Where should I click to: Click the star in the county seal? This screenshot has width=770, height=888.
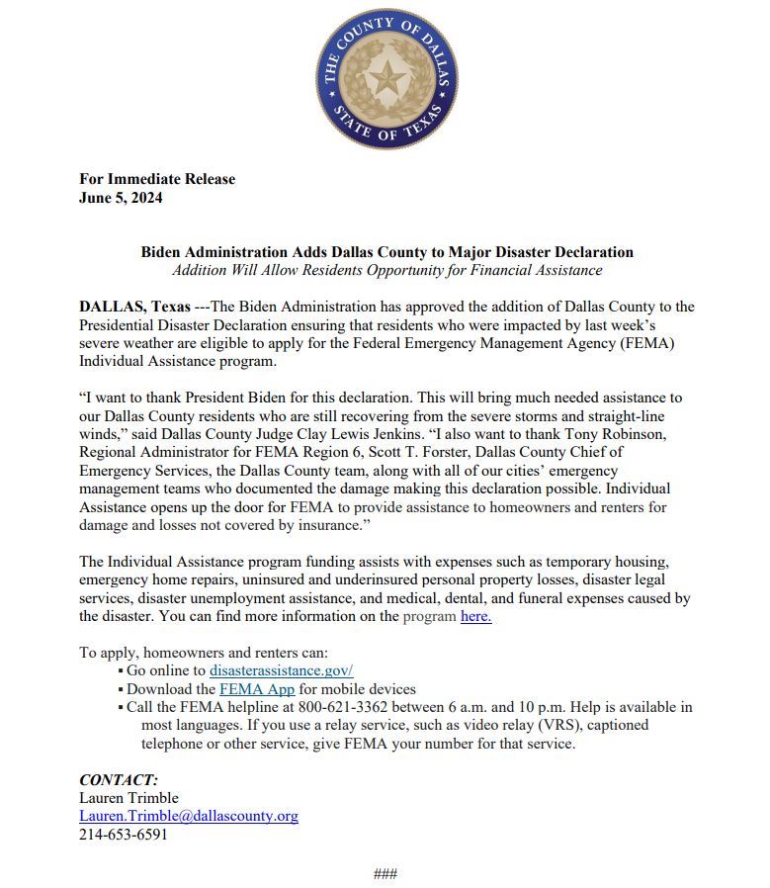coord(386,78)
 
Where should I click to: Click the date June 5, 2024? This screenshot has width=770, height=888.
coord(121,197)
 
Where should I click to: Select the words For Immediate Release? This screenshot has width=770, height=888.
coord(157,179)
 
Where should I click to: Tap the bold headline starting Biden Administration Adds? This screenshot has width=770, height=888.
coord(386,252)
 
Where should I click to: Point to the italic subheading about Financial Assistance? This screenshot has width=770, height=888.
coord(386,270)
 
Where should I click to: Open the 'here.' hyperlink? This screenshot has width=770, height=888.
coord(475,616)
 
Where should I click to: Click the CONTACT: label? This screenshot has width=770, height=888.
coord(119,779)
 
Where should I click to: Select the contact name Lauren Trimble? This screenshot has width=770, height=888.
coord(128,798)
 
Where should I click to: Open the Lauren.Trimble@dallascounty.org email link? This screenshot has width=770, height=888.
coord(189,816)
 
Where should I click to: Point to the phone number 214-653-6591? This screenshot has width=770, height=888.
coord(124,834)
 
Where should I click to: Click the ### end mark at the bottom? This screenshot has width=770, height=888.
coord(385,873)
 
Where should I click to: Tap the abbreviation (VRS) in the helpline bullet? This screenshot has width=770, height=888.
coord(560,725)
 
